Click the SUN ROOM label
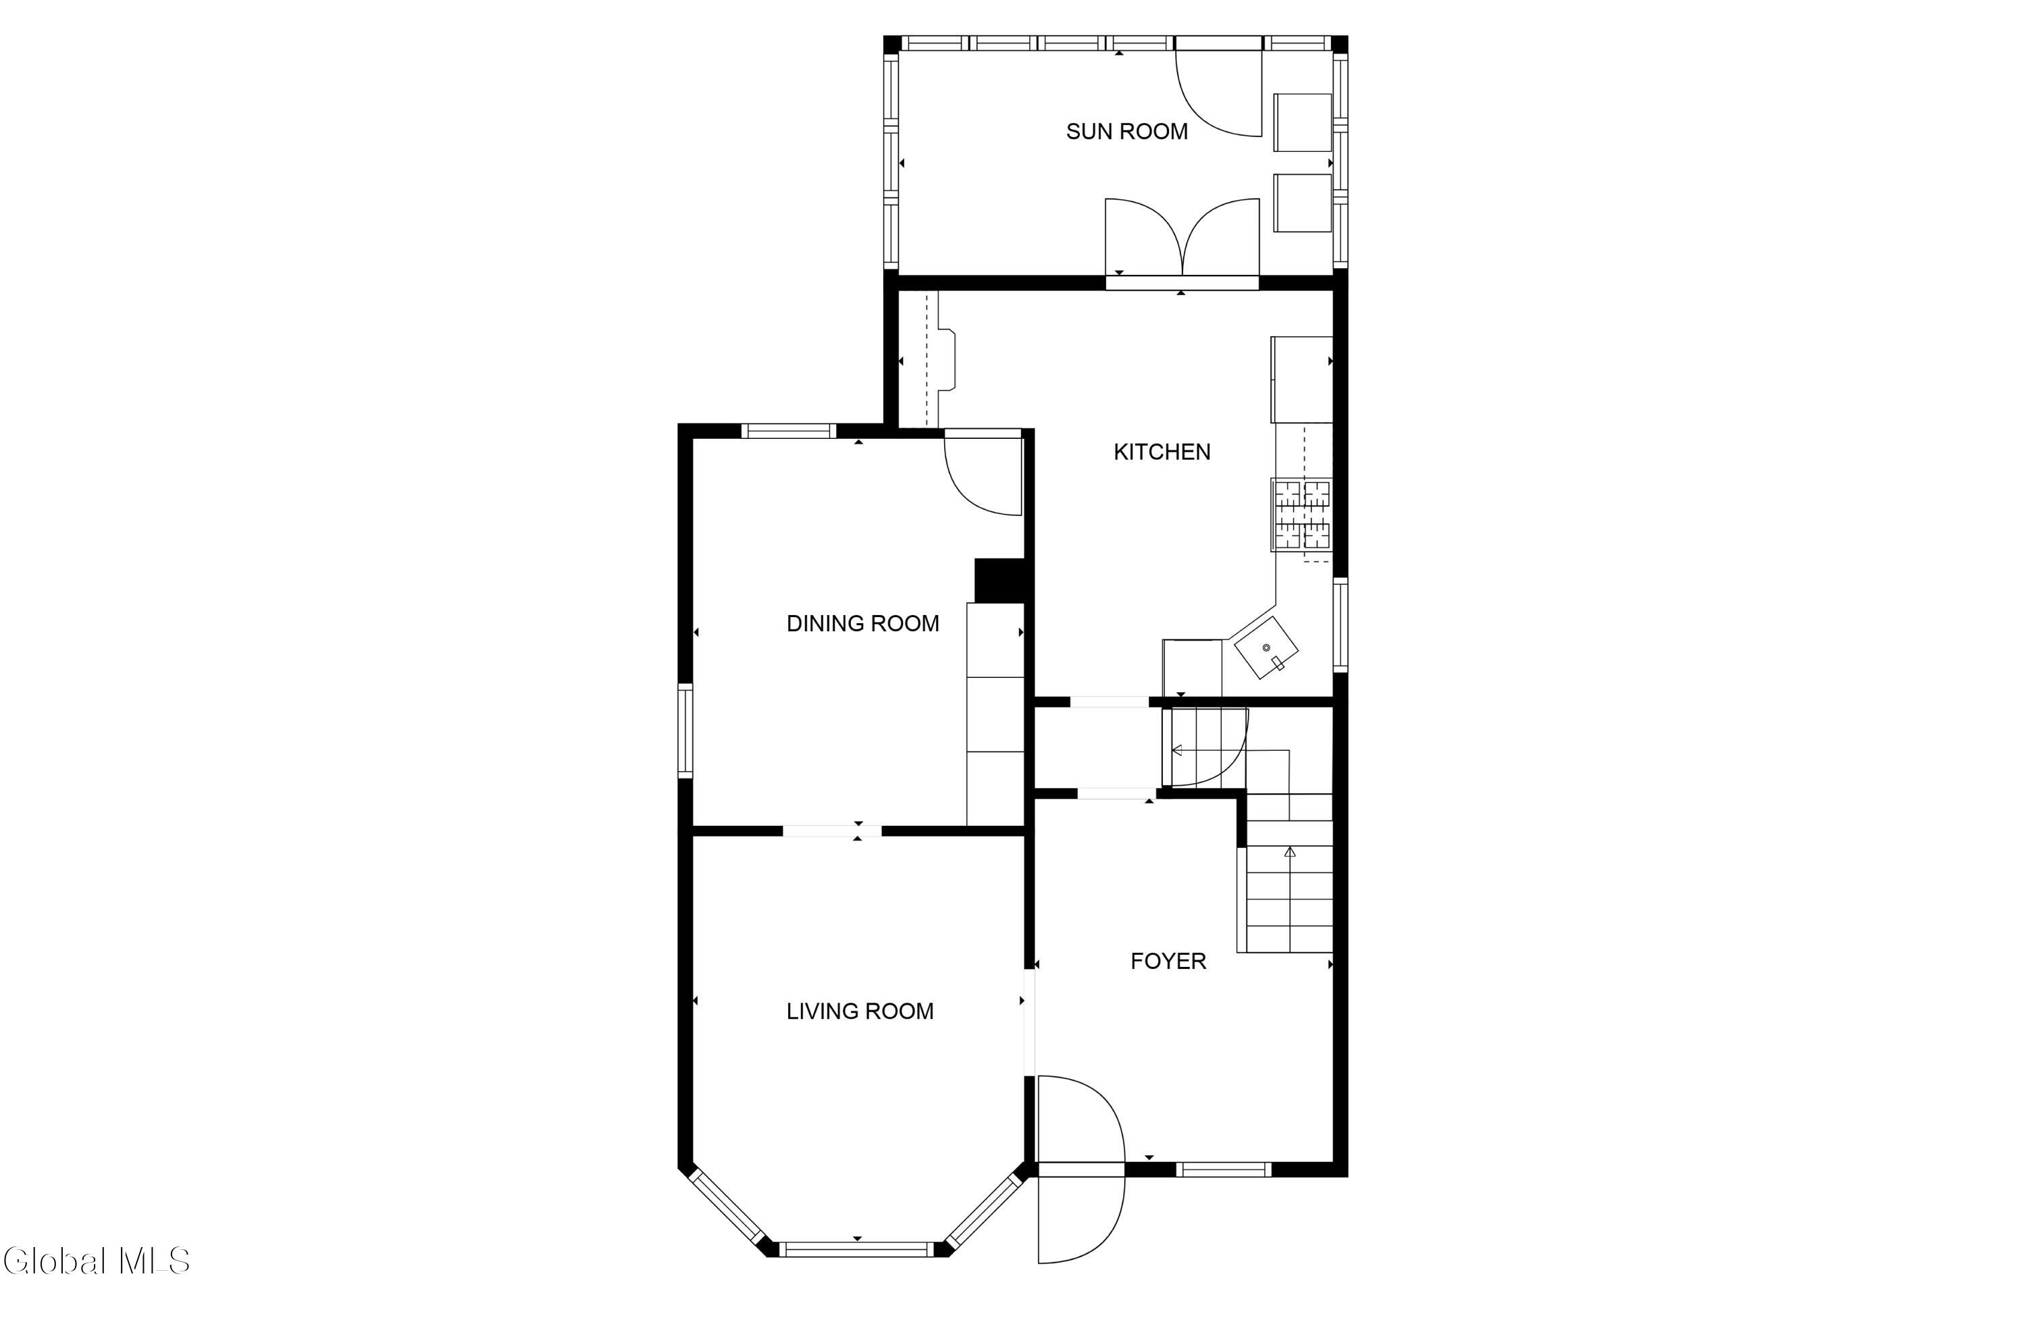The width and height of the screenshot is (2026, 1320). point(1126,132)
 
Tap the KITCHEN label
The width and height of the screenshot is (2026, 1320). point(1162,452)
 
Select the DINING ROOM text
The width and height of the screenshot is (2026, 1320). point(862,624)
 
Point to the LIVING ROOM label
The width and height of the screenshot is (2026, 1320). point(860,1011)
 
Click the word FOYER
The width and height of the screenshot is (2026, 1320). point(1168,961)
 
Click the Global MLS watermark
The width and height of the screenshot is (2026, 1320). point(95,1261)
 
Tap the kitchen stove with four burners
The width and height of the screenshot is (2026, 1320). point(1301,514)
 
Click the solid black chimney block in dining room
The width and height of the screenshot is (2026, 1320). point(999,581)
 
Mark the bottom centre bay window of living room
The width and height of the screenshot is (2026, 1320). point(857,1249)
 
